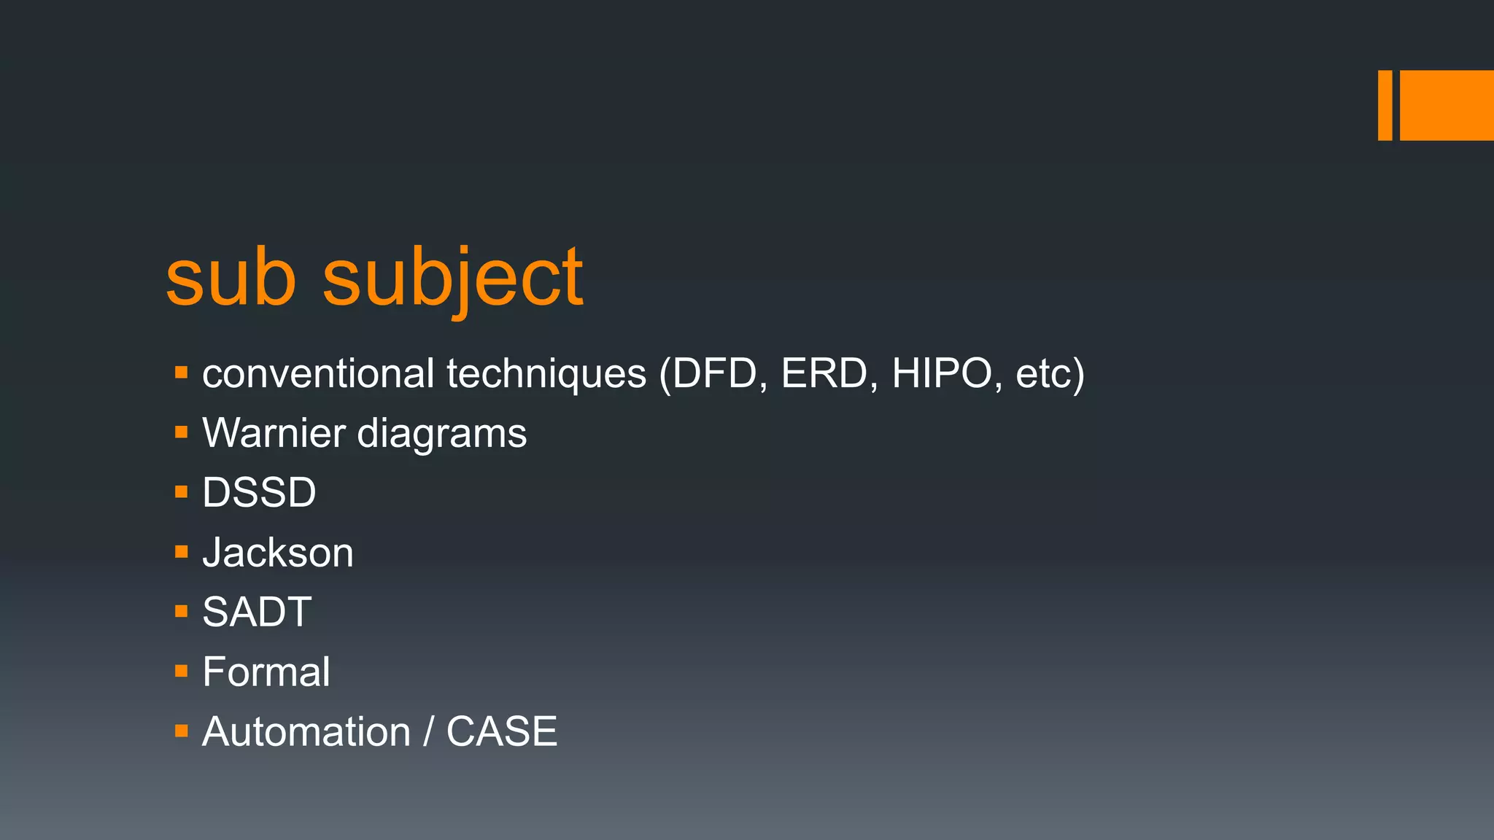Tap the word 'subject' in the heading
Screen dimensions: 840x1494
452,279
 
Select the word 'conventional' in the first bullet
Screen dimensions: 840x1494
318,373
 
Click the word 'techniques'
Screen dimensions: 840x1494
546,375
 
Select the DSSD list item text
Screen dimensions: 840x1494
259,493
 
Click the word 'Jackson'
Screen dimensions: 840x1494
278,553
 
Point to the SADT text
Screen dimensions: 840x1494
257,612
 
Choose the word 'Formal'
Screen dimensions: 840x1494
266,672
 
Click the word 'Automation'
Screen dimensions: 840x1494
306,731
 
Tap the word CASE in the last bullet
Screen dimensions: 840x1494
502,731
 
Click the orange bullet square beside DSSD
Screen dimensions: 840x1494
182,492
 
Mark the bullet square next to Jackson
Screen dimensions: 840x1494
182,552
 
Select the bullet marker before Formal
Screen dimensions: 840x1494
182,671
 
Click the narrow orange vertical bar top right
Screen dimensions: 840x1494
1385,105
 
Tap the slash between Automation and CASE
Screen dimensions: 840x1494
429,731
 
